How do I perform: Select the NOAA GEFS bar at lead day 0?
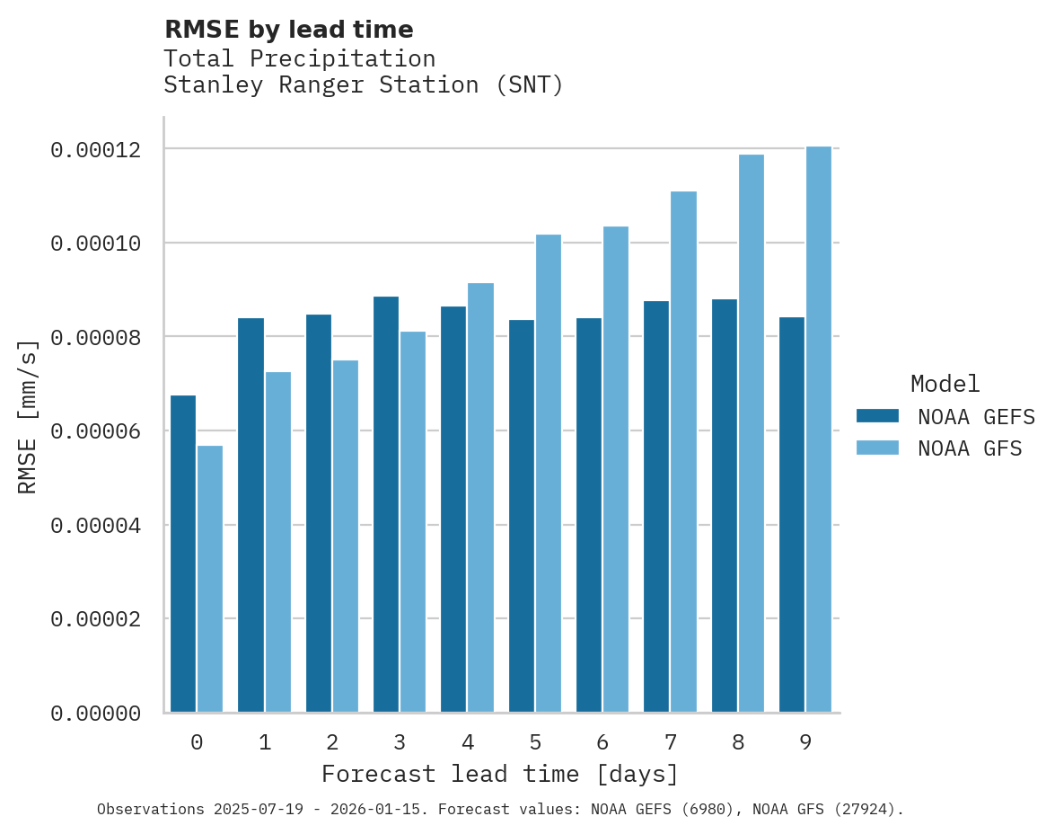(x=183, y=554)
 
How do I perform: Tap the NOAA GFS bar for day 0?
(x=210, y=579)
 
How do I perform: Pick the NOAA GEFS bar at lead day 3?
(x=386, y=504)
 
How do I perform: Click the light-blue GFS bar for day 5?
(x=549, y=474)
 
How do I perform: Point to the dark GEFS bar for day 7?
(x=656, y=507)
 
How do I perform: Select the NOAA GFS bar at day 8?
(x=752, y=433)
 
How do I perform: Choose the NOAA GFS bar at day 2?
(x=346, y=537)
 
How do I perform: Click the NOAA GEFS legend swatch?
(x=878, y=415)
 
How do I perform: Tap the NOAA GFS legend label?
(x=970, y=448)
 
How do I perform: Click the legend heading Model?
(x=945, y=384)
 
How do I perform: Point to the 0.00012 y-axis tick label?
(x=96, y=150)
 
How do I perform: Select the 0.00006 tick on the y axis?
(x=96, y=431)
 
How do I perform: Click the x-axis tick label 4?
(x=468, y=743)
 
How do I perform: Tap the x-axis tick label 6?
(x=602, y=743)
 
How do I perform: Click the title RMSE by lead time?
(x=289, y=30)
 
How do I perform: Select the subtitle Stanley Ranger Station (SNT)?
(x=364, y=85)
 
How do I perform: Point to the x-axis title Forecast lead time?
(x=500, y=774)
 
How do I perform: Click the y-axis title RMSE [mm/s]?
(x=28, y=416)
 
